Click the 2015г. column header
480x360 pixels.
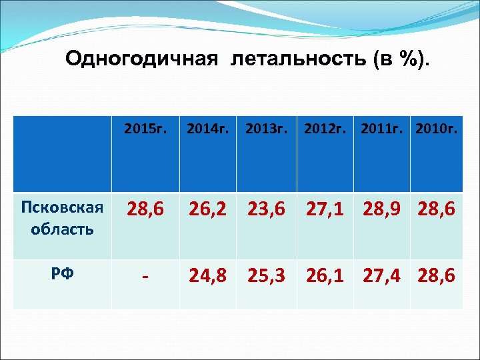(145, 128)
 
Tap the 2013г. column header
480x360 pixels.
(267, 128)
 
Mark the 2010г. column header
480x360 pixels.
(437, 128)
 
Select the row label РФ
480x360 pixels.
(62, 273)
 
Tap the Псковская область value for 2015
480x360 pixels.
(145, 211)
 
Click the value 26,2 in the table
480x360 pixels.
(208, 211)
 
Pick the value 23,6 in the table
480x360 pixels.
(267, 211)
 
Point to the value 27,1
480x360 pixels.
(326, 211)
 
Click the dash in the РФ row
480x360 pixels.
(145, 275)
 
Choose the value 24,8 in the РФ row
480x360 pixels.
(208, 275)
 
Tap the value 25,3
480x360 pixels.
(267, 275)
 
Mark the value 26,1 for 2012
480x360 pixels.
(326, 275)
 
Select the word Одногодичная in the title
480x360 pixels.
(141, 59)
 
